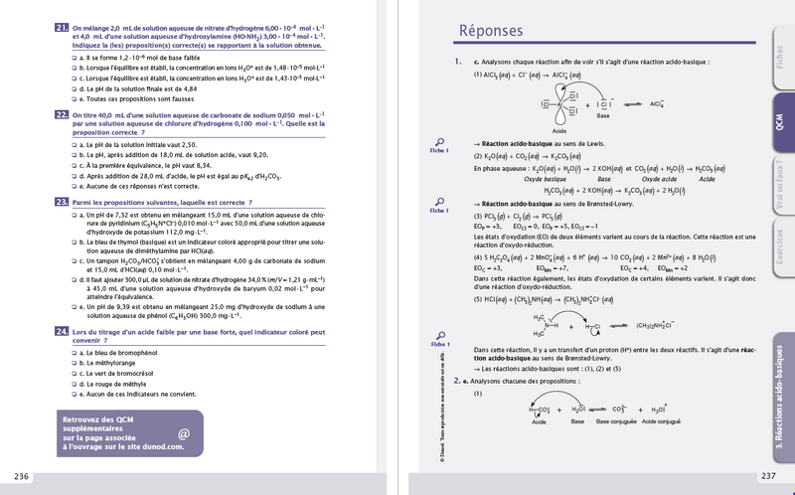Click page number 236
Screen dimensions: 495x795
(x=22, y=475)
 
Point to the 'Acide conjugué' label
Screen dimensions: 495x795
(x=664, y=422)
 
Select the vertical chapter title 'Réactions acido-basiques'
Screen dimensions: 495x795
(x=780, y=398)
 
